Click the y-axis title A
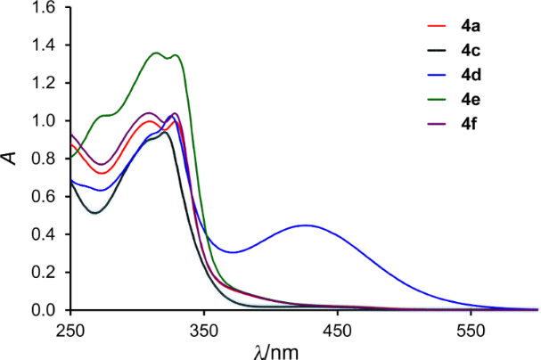coord(12,158)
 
